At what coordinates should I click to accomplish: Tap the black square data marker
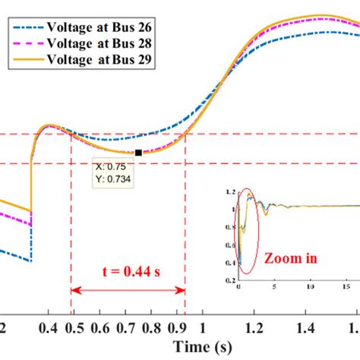pyautogui.click(x=138, y=153)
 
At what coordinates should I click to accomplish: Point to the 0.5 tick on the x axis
pyautogui.click(x=73, y=327)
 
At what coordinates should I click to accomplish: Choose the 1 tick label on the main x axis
pyautogui.click(x=202, y=327)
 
